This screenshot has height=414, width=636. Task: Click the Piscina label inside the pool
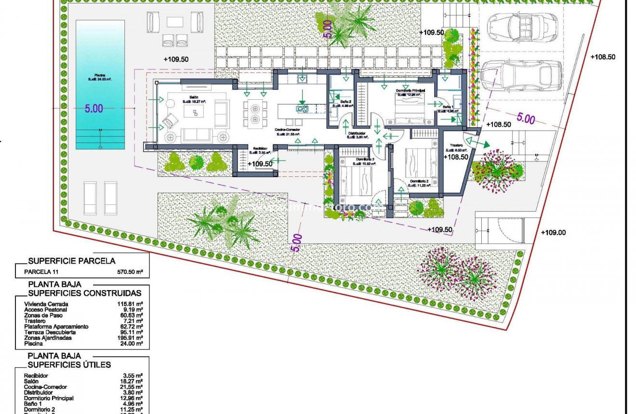100,76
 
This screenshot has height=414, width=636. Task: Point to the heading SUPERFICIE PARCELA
72,261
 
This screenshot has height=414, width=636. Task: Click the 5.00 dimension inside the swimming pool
94,109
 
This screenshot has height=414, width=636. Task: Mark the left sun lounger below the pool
90,198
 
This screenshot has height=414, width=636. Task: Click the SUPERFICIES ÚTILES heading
69,365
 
